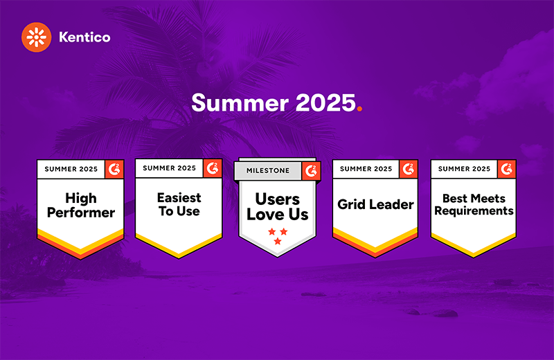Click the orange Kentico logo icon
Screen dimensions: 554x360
37,37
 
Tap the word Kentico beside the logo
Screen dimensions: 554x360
84,37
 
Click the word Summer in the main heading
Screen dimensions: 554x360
240,102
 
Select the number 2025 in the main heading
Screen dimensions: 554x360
325,102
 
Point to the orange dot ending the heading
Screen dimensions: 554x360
359,109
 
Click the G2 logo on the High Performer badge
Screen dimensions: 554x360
114,169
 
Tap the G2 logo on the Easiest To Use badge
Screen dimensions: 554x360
213,168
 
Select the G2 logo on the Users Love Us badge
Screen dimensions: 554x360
311,171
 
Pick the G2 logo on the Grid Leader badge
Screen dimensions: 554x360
409,169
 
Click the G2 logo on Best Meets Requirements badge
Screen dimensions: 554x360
507,169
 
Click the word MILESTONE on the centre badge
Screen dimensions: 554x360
268,170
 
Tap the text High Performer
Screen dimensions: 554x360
81,205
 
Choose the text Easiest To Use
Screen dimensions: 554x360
179,204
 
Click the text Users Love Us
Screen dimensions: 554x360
278,207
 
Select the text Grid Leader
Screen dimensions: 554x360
375,204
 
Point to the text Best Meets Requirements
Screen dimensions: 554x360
474,204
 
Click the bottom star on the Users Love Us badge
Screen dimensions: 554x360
278,242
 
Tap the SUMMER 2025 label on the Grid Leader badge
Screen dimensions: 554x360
366,169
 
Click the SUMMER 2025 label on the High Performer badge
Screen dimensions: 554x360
71,169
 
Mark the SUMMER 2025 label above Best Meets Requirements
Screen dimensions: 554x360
464,169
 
